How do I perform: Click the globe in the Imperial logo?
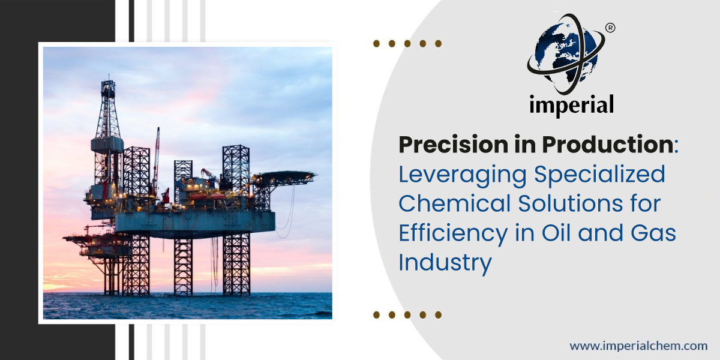click(x=566, y=53)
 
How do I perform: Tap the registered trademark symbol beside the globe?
click(x=610, y=28)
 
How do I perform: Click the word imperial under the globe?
click(x=571, y=105)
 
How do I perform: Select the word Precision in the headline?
click(x=453, y=145)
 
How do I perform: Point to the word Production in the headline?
click(x=608, y=145)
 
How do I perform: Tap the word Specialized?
click(x=600, y=175)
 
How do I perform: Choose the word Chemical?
click(x=455, y=203)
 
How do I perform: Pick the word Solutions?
click(x=571, y=203)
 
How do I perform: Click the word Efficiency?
click(x=453, y=233)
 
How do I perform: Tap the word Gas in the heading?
click(x=653, y=233)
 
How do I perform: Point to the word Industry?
click(x=445, y=263)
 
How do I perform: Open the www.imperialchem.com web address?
click(x=638, y=346)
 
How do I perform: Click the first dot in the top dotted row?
click(x=376, y=44)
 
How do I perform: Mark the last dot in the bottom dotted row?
click(x=438, y=314)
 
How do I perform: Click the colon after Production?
click(x=676, y=149)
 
